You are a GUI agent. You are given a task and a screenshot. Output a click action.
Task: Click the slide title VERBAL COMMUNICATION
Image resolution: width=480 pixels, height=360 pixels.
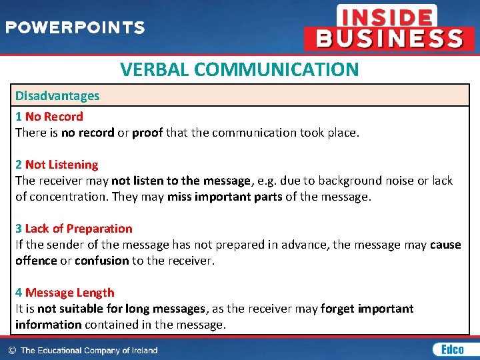pyautogui.click(x=239, y=69)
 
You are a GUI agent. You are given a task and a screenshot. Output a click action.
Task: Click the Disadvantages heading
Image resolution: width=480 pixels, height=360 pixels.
pyautogui.click(x=57, y=95)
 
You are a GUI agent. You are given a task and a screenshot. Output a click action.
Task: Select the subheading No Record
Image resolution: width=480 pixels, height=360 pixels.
pyautogui.click(x=54, y=117)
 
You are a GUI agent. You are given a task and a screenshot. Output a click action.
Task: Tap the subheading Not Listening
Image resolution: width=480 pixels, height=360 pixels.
pyautogui.click(x=61, y=165)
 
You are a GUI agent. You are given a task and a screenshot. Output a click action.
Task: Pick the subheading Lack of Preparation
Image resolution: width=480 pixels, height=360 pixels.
pyautogui.click(x=79, y=229)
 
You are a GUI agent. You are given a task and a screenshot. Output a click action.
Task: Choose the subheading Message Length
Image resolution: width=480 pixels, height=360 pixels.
pyautogui.click(x=69, y=293)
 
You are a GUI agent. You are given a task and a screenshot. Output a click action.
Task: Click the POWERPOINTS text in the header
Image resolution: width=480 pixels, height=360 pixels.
pyautogui.click(x=75, y=28)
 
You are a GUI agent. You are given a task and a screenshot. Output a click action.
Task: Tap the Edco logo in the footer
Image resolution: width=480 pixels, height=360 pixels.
pyautogui.click(x=448, y=349)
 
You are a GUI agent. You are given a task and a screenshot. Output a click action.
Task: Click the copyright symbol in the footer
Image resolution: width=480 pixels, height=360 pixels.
pyautogui.click(x=12, y=350)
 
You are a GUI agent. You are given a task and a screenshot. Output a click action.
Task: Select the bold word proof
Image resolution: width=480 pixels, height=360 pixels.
pyautogui.click(x=147, y=133)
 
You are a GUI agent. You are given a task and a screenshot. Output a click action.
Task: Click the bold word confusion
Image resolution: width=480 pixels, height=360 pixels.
pyautogui.click(x=101, y=261)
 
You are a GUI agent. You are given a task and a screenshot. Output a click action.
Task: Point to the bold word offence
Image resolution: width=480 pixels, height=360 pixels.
pyautogui.click(x=36, y=261)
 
